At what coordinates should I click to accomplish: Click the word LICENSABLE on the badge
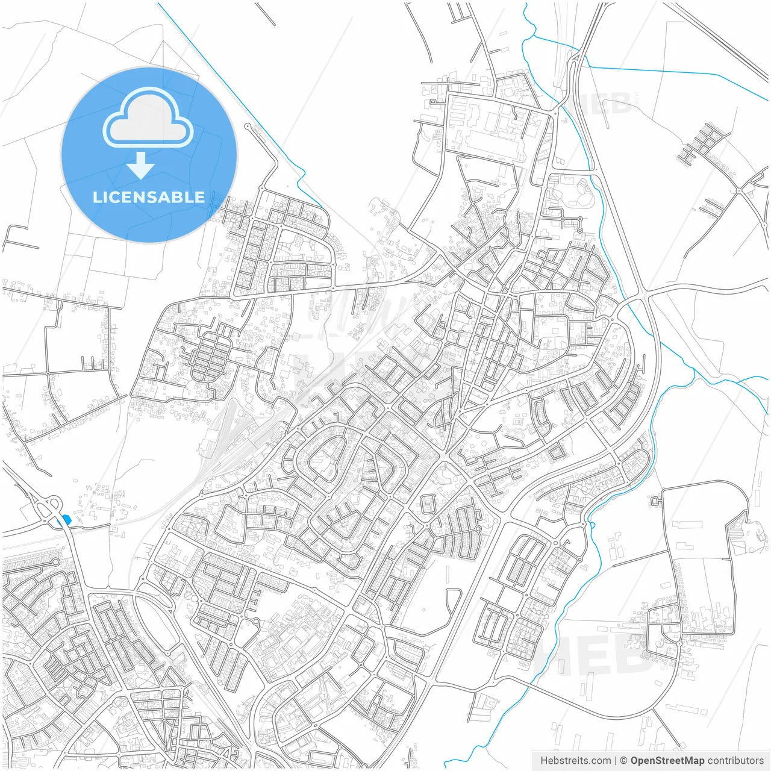(x=149, y=197)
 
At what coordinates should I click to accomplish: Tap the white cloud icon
(x=148, y=119)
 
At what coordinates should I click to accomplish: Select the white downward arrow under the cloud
(x=141, y=166)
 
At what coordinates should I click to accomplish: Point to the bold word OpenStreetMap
(x=667, y=761)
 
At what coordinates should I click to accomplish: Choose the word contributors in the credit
(x=735, y=761)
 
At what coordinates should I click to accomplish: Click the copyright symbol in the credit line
(x=623, y=761)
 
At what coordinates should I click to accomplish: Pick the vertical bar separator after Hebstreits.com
(x=616, y=761)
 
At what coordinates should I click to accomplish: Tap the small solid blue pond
(x=66, y=519)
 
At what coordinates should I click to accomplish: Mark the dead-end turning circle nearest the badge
(x=247, y=126)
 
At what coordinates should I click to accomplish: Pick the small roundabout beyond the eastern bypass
(x=738, y=191)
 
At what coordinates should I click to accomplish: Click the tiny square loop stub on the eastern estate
(x=655, y=501)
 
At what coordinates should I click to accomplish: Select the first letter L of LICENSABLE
(x=96, y=197)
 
